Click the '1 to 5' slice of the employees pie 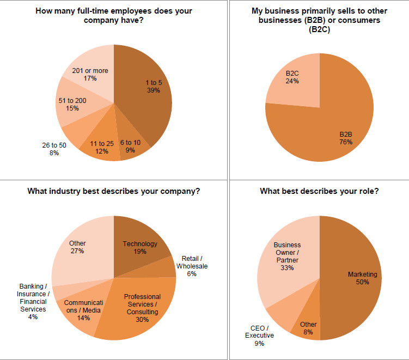(x=147, y=93)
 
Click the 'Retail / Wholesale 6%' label (x=191, y=266)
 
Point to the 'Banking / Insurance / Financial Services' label (x=33, y=298)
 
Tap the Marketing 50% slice (x=357, y=278)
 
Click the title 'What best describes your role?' (x=319, y=191)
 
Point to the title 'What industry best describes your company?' (x=114, y=191)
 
